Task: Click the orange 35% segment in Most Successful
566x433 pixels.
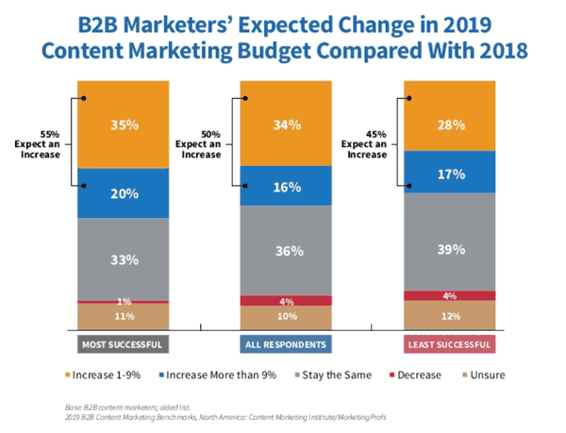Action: click(124, 125)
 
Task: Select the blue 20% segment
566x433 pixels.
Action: click(124, 193)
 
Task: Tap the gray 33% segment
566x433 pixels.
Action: click(124, 258)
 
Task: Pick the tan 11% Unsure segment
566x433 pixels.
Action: click(124, 316)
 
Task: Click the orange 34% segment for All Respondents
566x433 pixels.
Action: click(289, 125)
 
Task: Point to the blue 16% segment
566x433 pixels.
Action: click(289, 187)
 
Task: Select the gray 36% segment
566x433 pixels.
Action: click(289, 251)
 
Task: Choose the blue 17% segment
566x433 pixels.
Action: click(451, 173)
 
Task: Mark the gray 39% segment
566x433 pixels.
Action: click(451, 249)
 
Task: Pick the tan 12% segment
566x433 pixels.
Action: click(451, 315)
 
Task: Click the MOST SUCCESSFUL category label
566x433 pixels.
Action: click(124, 343)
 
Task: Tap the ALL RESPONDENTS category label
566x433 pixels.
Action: click(289, 343)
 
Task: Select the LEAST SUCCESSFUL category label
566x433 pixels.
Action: click(451, 343)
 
